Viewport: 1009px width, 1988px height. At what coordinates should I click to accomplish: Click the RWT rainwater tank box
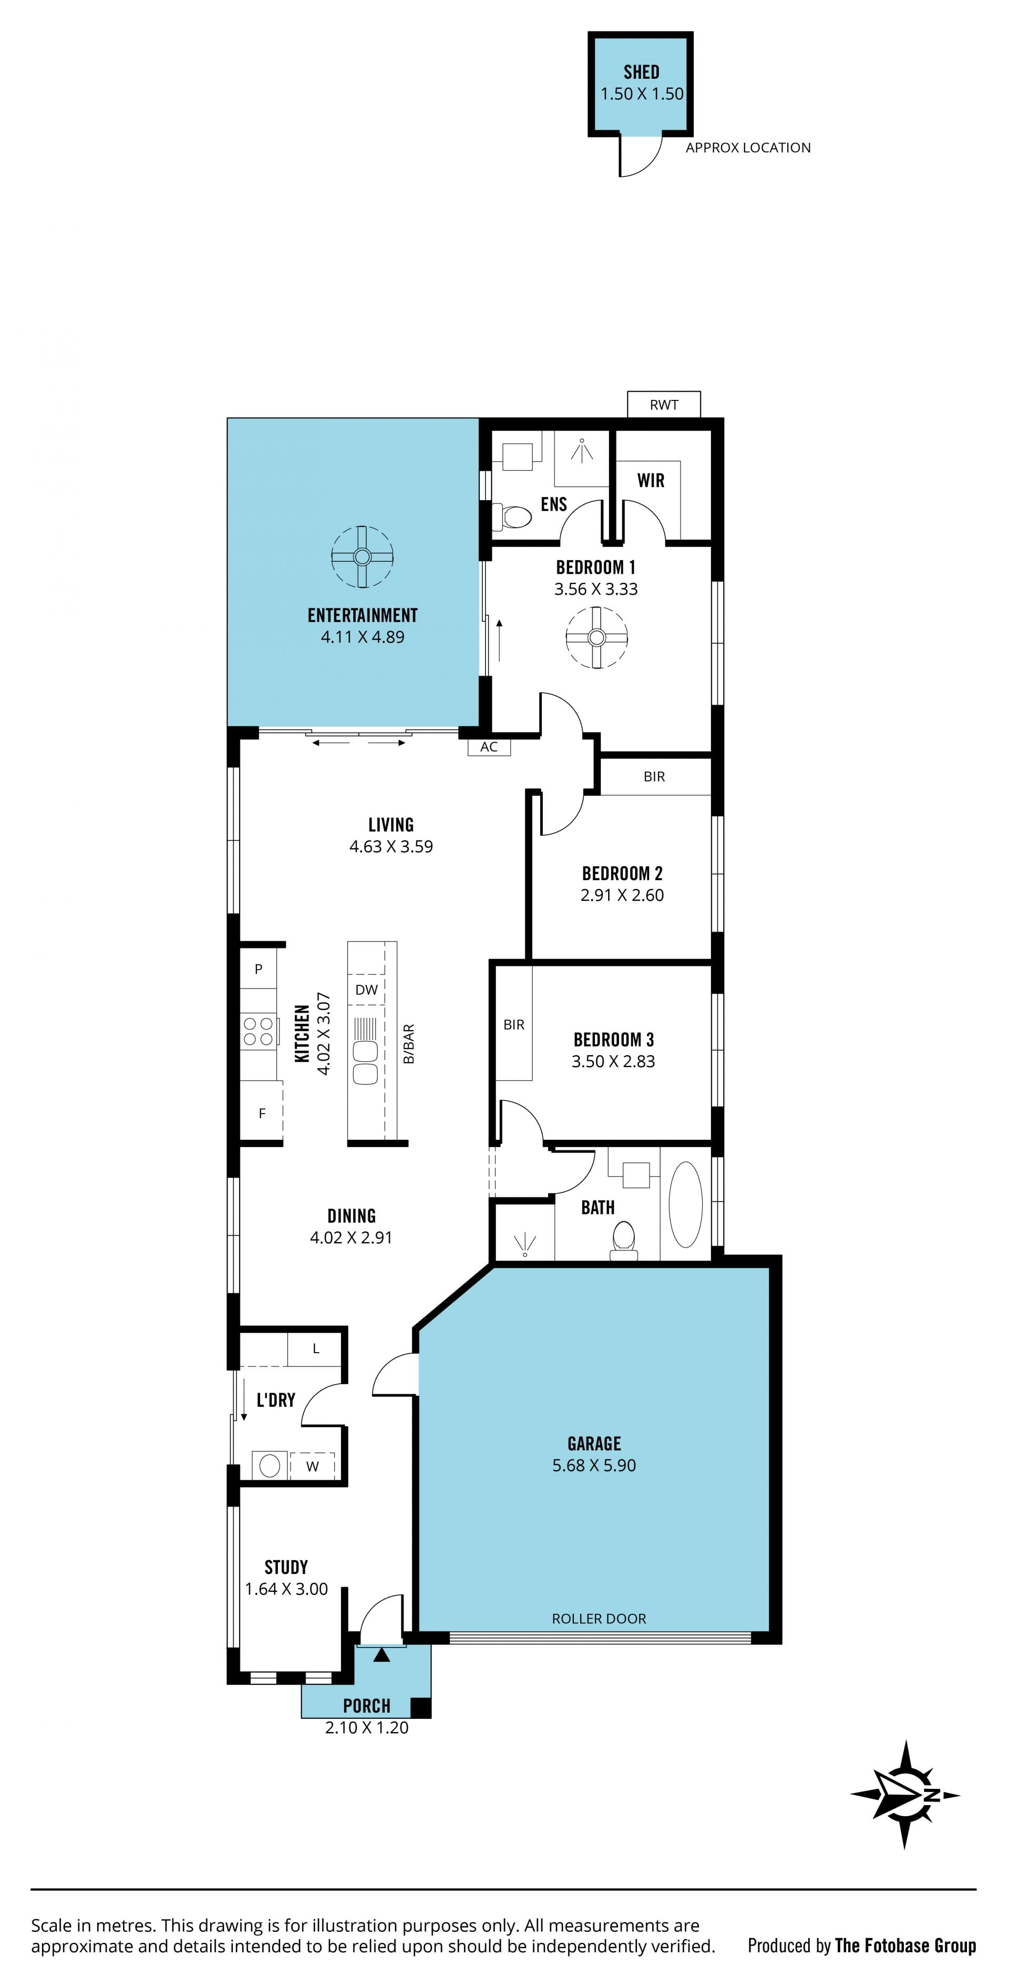[x=664, y=405]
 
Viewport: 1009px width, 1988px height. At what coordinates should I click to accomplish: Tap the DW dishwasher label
[x=367, y=990]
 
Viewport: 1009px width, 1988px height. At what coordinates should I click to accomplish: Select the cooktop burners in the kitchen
[x=259, y=1031]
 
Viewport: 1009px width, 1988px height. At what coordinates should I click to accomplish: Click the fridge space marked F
[x=262, y=1113]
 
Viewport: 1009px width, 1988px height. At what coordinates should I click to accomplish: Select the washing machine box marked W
[x=312, y=1466]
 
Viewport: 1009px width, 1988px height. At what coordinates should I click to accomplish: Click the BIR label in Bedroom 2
[x=654, y=776]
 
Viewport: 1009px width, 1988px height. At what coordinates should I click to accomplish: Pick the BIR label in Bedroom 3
[x=513, y=1025]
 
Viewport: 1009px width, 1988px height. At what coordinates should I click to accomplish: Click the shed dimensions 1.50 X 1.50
[x=642, y=94]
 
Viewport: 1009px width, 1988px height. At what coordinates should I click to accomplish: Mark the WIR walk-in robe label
[x=651, y=481]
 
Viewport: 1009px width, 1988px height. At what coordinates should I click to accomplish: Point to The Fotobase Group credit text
[x=905, y=1945]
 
